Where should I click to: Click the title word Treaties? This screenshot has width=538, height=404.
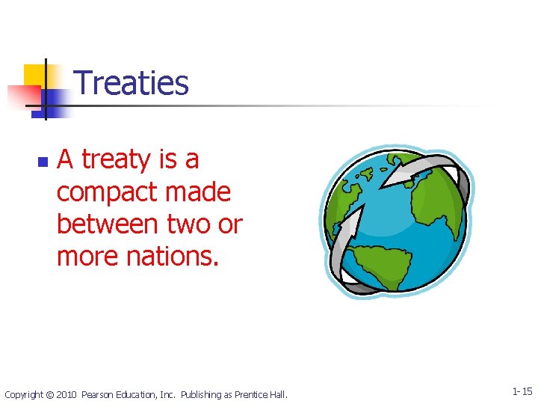coord(132,83)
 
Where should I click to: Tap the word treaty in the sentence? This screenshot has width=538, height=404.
coord(116,159)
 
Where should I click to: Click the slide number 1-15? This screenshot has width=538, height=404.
coord(522,391)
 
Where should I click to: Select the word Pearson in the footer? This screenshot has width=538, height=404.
coord(99,394)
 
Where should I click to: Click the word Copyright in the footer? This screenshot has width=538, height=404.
coord(24,394)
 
